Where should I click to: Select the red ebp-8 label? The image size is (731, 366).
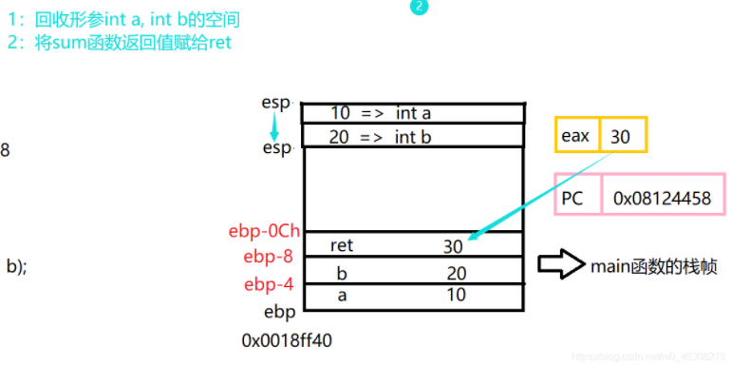tap(268, 257)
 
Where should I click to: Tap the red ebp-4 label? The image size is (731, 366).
tap(268, 283)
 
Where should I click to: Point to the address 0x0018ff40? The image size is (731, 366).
tap(288, 339)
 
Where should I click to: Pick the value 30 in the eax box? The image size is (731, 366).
tap(622, 136)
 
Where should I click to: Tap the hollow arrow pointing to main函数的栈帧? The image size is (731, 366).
tap(560, 264)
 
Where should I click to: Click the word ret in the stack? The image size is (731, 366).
tap(342, 245)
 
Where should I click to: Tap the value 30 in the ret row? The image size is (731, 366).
tap(453, 246)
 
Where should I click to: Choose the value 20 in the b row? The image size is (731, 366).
tap(456, 273)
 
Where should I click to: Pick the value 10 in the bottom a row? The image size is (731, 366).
tap(456, 295)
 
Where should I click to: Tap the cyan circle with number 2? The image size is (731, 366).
tap(420, 7)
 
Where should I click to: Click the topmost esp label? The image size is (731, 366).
tap(276, 103)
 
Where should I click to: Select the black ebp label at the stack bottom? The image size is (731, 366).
tap(275, 311)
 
